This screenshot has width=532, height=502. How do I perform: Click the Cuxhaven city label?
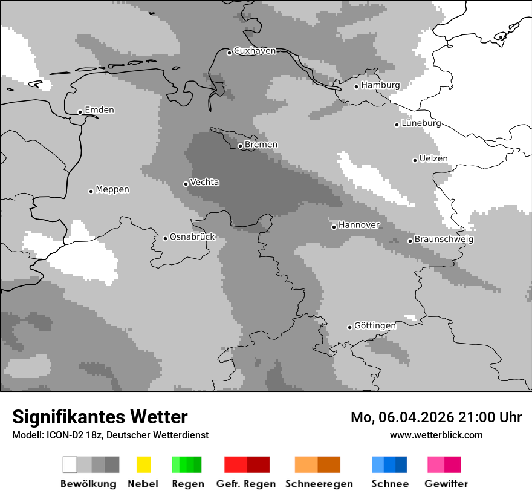(x=255, y=51)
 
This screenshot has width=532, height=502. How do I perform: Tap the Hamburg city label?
(x=380, y=85)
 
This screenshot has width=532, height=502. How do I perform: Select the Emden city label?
(x=99, y=110)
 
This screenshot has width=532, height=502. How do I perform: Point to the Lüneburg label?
(x=421, y=123)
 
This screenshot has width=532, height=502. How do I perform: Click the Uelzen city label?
(x=433, y=159)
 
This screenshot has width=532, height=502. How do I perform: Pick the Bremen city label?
(x=261, y=145)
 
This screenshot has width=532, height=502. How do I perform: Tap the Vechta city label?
(x=205, y=183)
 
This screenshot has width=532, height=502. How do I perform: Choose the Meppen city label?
(x=112, y=190)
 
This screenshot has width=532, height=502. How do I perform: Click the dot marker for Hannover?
(x=334, y=227)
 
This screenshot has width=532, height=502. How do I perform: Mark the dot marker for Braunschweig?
(x=410, y=241)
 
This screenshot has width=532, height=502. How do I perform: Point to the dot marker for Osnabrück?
(x=165, y=238)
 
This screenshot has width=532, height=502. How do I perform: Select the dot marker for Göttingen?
(x=349, y=327)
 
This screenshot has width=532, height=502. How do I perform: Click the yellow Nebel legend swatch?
(x=143, y=465)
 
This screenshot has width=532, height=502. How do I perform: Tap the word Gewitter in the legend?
(x=446, y=484)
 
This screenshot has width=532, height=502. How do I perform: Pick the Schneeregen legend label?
(x=319, y=484)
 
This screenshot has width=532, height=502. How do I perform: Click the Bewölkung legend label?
(x=88, y=484)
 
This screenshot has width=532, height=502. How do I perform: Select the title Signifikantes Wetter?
(x=100, y=417)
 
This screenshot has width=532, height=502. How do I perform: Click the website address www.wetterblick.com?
(x=436, y=435)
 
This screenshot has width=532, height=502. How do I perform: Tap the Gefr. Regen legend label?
(x=246, y=484)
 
